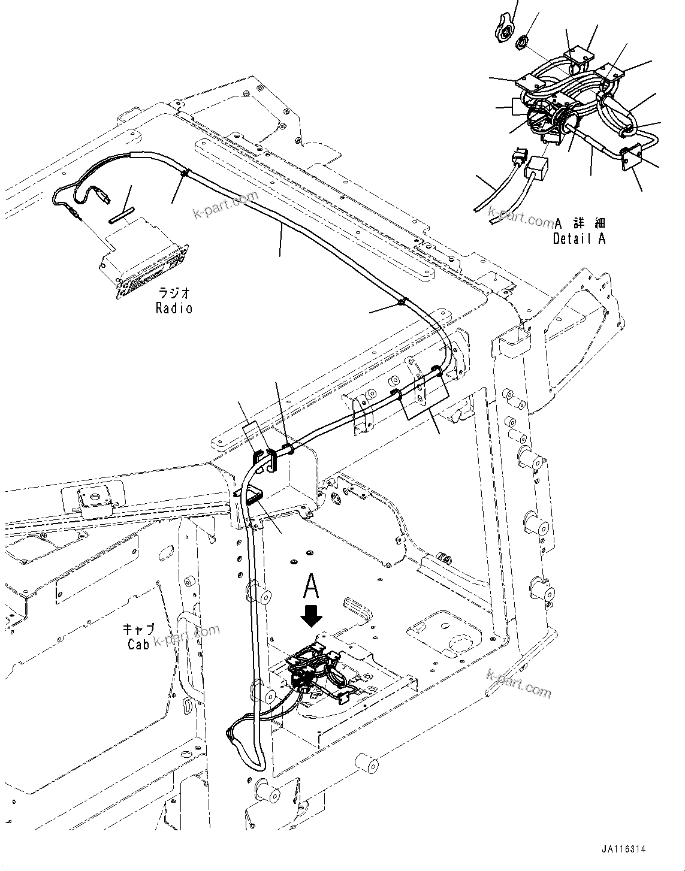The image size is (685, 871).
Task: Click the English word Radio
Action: pyautogui.click(x=174, y=309)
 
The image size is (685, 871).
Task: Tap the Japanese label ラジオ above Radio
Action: pyautogui.click(x=174, y=294)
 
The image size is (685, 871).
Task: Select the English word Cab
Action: pyautogui.click(x=138, y=644)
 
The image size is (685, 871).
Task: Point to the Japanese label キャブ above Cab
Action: pyautogui.click(x=139, y=630)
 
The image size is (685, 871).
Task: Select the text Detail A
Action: pyautogui.click(x=579, y=238)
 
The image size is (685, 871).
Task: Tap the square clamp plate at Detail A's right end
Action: pyautogui.click(x=629, y=160)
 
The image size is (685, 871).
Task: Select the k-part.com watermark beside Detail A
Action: pyautogui.click(x=520, y=216)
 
